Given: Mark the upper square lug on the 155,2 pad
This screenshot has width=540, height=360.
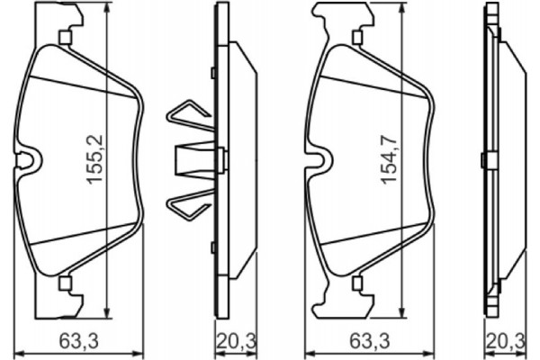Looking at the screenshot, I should (64, 38).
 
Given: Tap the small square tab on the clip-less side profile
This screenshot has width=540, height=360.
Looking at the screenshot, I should (484, 160).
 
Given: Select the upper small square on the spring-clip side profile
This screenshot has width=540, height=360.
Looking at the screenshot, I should (211, 73).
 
